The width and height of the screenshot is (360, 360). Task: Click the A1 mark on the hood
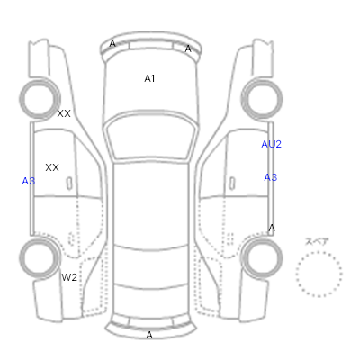(149, 78)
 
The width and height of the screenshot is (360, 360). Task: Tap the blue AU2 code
(271, 144)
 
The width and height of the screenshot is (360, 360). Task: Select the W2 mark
(69, 277)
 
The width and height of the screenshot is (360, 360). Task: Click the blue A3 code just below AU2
(270, 177)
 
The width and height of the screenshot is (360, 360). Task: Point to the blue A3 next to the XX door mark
(29, 181)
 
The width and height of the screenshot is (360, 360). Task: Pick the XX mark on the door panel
(52, 167)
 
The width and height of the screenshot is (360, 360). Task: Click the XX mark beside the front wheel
(64, 113)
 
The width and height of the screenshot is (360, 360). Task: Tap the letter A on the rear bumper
(149, 335)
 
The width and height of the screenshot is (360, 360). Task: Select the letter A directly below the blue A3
(272, 228)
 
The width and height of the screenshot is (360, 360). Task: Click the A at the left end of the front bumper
(112, 43)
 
